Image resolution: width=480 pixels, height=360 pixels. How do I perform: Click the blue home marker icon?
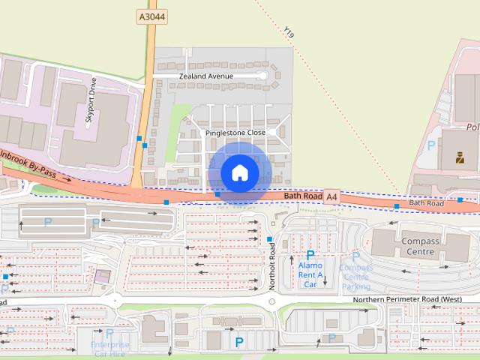(x=239, y=172)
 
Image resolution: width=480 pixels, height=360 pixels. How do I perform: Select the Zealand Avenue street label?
(x=206, y=76)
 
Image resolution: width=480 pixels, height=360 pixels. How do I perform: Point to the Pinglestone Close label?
(x=235, y=132)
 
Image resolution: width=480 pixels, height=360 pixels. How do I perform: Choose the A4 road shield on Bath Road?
(x=333, y=196)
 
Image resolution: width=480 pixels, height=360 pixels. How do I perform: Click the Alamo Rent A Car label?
(x=310, y=274)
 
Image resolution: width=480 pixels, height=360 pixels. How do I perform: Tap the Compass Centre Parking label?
(x=355, y=277)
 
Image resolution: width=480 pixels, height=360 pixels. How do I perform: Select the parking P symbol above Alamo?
(x=310, y=255)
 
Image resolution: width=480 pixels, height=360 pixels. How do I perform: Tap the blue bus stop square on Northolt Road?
(x=270, y=238)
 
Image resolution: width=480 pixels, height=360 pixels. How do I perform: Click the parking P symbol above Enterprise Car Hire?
(x=109, y=333)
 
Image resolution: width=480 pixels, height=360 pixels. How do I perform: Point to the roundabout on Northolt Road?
(x=272, y=301)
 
